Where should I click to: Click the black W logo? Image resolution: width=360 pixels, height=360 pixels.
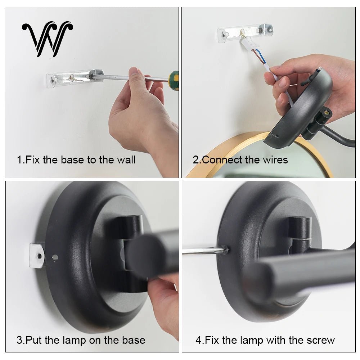click(x=48, y=39)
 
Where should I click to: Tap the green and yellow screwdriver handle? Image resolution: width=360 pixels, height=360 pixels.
click(x=174, y=80)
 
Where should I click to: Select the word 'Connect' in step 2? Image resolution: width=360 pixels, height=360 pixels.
click(x=222, y=160)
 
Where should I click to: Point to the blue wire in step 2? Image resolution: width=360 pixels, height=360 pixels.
click(x=262, y=56)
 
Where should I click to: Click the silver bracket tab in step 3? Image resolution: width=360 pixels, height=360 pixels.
click(x=36, y=256)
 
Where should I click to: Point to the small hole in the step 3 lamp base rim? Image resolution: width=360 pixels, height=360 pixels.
click(x=55, y=257)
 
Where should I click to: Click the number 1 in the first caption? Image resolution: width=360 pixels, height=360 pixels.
click(x=19, y=160)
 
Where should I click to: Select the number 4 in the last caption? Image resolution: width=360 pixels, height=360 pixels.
click(x=198, y=340)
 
